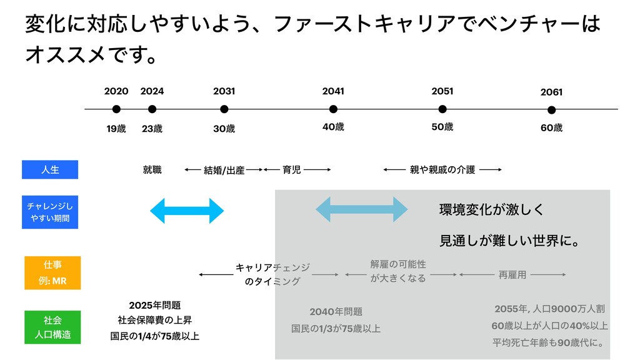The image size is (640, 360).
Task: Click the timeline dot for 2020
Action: point(116,109)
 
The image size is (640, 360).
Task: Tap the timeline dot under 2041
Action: point(333,109)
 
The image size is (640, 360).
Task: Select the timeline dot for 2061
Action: point(551,110)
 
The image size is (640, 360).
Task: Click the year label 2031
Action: point(224,91)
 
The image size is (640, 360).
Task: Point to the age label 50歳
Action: point(442,127)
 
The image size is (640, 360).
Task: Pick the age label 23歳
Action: point(152,129)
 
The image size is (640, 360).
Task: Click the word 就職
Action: point(152,169)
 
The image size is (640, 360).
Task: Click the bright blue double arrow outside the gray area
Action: point(187,211)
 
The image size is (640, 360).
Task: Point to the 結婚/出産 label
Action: point(224,170)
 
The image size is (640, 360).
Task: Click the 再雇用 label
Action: point(512,274)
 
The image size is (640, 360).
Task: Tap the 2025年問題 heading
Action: point(154,305)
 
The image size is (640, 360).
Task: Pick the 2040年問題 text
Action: point(336,312)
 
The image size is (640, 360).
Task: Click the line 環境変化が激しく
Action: point(492,209)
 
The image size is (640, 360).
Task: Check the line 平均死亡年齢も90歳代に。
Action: point(548,342)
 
